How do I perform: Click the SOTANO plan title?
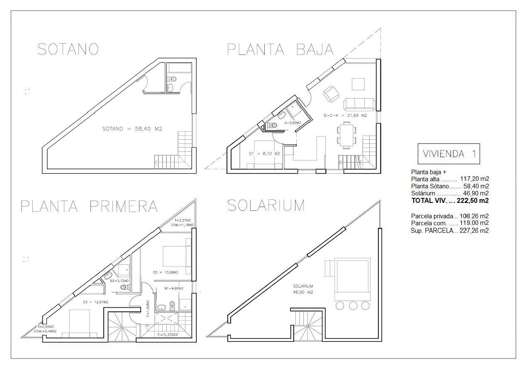coord(68,49)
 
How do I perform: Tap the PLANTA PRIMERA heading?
coord(89,206)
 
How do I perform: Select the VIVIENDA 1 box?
coord(449,154)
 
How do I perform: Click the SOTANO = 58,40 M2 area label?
coord(132,129)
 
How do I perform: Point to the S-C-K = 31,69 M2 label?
coord(345,116)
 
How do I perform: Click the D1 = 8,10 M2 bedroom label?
coord(264,153)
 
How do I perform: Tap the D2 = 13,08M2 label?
coord(166,272)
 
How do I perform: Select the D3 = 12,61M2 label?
coord(95,302)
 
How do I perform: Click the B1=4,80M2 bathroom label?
coord(174,289)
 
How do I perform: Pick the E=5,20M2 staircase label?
coord(168,335)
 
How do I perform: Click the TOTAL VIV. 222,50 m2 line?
coord(450,201)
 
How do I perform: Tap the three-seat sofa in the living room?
coord(359,104)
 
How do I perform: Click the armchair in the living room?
coord(331,94)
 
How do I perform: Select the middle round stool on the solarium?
coord(353,306)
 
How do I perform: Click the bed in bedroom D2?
coord(177,256)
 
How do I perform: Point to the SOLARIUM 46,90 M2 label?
coord(303,289)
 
